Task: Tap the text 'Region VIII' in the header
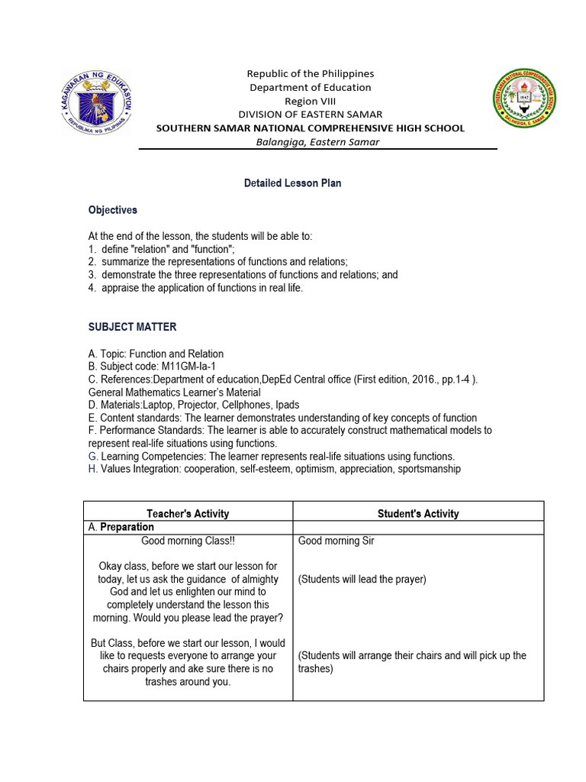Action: pos(310,101)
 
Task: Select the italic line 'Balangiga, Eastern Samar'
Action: pos(310,142)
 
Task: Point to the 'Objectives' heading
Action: pos(113,210)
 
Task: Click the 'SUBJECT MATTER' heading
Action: pos(132,327)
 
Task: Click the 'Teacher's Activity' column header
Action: pos(187,514)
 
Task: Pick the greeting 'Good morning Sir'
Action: pos(336,541)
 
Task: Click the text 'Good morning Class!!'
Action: pos(187,541)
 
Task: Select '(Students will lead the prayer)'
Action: pos(362,580)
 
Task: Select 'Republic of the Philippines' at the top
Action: pos(310,73)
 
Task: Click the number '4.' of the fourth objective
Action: pos(92,288)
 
